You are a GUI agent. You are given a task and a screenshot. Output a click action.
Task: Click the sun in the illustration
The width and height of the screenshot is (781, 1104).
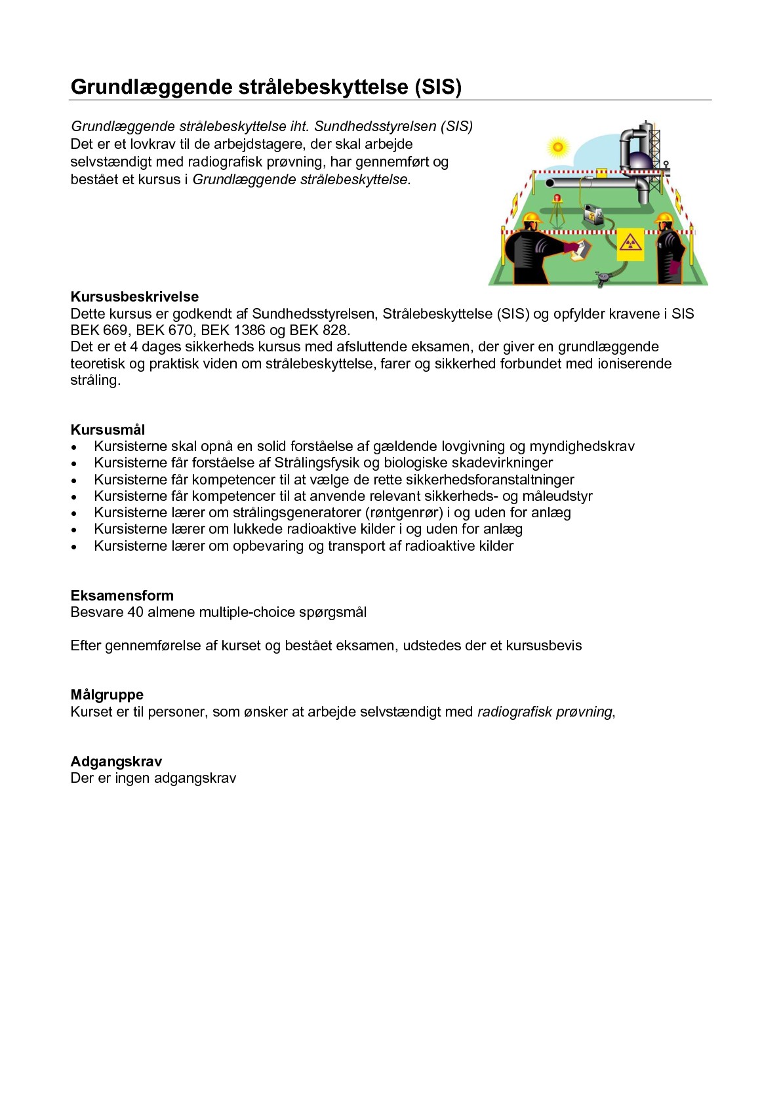[557, 147]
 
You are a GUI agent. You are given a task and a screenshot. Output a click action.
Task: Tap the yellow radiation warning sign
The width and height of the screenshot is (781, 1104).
[631, 245]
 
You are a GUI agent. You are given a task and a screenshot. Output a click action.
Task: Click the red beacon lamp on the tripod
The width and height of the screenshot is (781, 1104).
[557, 198]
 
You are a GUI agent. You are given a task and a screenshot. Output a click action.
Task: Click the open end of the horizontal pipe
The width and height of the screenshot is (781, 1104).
[550, 182]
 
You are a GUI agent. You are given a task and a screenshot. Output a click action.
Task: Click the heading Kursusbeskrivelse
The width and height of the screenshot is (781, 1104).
[134, 297]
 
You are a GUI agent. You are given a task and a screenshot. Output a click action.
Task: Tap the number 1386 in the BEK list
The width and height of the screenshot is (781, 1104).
[249, 330]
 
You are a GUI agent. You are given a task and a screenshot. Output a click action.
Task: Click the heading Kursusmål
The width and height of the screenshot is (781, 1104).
[108, 430]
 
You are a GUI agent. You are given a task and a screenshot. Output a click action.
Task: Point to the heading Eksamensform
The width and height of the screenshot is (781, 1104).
[122, 596]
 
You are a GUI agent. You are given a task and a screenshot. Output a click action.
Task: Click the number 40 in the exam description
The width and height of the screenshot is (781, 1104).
[135, 612]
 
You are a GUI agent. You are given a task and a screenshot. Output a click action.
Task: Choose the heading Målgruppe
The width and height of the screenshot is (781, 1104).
[107, 695]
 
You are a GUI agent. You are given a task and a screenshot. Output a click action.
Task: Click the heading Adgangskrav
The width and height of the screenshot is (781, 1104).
[116, 762]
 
